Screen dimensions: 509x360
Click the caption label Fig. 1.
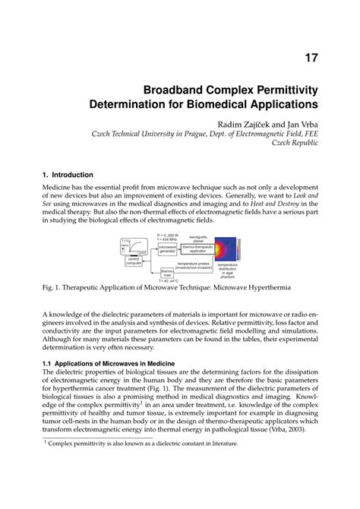coord(53,289)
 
